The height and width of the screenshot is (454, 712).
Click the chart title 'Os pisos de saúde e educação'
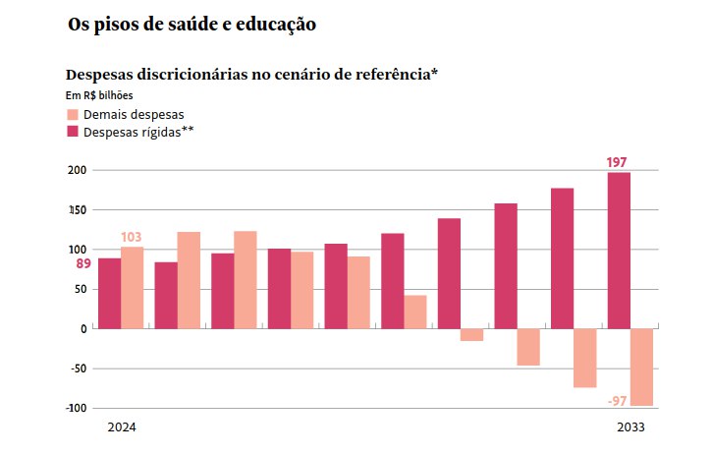coord(192,25)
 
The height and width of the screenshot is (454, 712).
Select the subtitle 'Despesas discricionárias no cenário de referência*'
coord(250,75)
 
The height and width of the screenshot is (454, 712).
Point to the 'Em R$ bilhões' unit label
coord(99,95)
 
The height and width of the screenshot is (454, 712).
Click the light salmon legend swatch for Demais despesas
coord(72,114)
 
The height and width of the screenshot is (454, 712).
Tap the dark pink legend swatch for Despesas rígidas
coord(72,131)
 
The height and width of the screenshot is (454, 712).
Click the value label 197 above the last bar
coord(617,162)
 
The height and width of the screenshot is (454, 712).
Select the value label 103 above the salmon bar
coord(132,237)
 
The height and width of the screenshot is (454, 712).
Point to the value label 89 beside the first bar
coord(82,263)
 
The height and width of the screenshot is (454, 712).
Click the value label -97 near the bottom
coord(618,400)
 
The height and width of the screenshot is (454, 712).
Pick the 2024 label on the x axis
coord(122,428)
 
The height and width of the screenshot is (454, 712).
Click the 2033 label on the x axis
coord(631,428)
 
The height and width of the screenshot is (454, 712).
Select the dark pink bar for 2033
coord(619,251)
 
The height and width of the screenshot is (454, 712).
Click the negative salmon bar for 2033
coord(642,368)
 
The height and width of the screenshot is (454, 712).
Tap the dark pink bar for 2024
coord(109,293)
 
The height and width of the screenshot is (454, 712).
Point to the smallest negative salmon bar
coord(472,335)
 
